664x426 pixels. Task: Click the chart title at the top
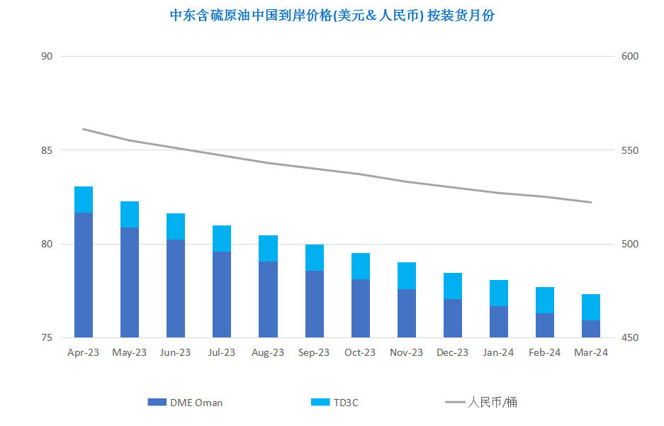pyautogui.click(x=332, y=16)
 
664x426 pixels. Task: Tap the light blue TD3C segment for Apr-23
pyautogui.click(x=84, y=199)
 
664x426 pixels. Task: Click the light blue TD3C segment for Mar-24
pyautogui.click(x=591, y=307)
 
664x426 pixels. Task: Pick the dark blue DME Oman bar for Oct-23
pyautogui.click(x=360, y=308)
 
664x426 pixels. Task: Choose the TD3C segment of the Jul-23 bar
pyautogui.click(x=222, y=238)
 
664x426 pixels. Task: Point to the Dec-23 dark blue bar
pyautogui.click(x=452, y=318)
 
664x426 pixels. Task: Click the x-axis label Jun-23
pyautogui.click(x=176, y=352)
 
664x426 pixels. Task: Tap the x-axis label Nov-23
pyautogui.click(x=406, y=352)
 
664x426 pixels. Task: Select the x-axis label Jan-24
pyautogui.click(x=498, y=352)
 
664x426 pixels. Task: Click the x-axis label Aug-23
pyautogui.click(x=268, y=352)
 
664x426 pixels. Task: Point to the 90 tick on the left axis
pyautogui.click(x=47, y=57)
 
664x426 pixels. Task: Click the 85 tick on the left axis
pyautogui.click(x=47, y=150)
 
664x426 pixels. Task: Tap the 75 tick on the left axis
pyautogui.click(x=47, y=338)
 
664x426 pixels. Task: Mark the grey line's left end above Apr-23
pyautogui.click(x=84, y=129)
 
